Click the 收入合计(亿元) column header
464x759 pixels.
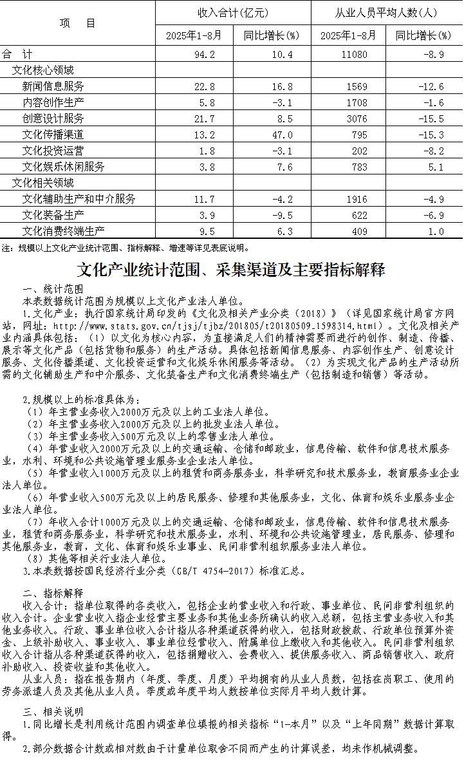232,13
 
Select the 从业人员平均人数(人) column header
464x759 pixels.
386,13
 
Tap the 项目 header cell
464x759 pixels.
77,23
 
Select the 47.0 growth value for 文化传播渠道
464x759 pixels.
282,135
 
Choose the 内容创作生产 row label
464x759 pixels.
53,102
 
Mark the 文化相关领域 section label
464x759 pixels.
43,183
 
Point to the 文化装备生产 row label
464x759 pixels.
53,215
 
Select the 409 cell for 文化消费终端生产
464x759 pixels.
358,231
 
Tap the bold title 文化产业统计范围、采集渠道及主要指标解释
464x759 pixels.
232,269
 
